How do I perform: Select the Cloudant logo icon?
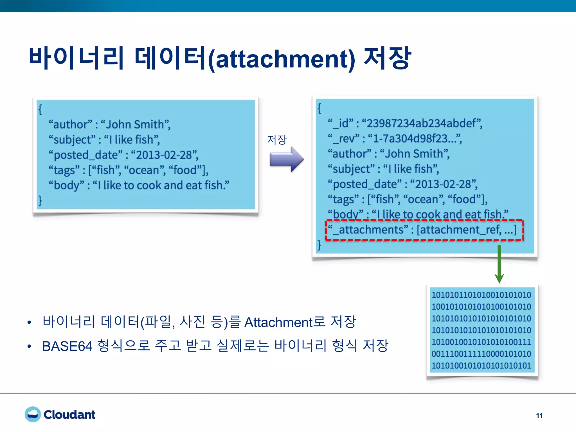click(33, 414)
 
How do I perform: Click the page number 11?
click(539, 415)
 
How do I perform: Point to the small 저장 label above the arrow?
click(277, 139)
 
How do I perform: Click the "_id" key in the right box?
click(340, 123)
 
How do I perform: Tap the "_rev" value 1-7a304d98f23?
click(415, 138)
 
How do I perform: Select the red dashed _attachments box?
click(424, 230)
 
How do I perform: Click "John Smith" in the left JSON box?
click(135, 124)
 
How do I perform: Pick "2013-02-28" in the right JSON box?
click(443, 184)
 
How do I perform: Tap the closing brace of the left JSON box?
click(40, 200)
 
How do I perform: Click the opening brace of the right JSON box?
click(319, 108)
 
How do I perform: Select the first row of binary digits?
click(481, 295)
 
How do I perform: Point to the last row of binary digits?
click(481, 366)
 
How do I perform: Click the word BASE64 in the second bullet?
click(67, 346)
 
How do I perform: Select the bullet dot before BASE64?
click(29, 347)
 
